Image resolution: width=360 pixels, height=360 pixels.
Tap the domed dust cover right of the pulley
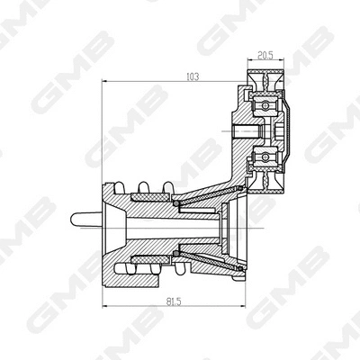coord(287,133)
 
